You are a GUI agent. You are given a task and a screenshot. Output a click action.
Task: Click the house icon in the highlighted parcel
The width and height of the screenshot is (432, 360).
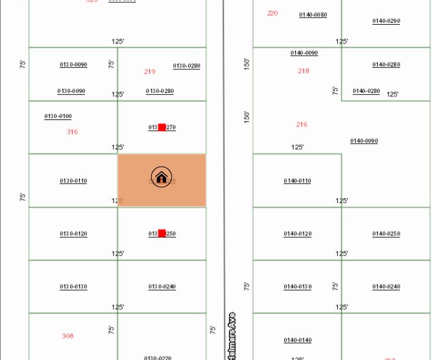[x=161, y=176]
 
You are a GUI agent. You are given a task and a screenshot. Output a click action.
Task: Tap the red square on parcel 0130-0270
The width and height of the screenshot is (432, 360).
[x=162, y=128]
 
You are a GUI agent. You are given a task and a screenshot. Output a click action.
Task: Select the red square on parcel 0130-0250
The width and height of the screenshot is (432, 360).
[x=162, y=234]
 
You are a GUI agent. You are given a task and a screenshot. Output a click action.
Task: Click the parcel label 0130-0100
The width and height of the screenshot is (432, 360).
[x=58, y=116]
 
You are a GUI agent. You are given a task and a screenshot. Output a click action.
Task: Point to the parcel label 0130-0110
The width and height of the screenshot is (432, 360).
[x=73, y=181]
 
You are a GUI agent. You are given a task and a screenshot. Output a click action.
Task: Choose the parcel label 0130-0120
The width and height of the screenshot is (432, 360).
[x=73, y=234]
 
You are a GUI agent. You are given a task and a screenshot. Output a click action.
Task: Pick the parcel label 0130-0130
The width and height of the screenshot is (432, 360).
[x=73, y=287]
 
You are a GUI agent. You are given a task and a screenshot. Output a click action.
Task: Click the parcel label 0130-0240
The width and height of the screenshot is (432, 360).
[x=162, y=287]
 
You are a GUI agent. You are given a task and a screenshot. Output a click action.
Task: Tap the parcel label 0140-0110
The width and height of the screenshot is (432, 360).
[x=297, y=181]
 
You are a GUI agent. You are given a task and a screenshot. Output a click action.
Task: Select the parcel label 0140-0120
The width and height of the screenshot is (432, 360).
[x=297, y=234]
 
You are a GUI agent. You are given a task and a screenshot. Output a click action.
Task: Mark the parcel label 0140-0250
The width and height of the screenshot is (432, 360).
[x=386, y=234]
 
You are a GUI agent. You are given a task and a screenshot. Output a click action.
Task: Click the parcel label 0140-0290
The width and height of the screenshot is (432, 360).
[x=386, y=21]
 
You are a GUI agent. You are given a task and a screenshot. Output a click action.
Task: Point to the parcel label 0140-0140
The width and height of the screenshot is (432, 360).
[x=297, y=340]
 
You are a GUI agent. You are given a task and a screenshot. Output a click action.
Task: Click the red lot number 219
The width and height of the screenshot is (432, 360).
[x=149, y=72]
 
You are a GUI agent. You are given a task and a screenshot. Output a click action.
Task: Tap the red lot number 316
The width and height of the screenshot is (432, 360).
[x=72, y=132]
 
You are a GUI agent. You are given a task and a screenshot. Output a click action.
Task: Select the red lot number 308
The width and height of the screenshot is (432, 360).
[x=68, y=336]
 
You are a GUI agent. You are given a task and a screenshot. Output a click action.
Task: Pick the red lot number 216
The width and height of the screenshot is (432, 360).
[x=301, y=125]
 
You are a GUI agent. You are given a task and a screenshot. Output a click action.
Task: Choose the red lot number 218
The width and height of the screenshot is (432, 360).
[x=303, y=71]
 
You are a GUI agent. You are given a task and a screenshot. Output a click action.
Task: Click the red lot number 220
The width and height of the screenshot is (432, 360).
[x=273, y=13]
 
